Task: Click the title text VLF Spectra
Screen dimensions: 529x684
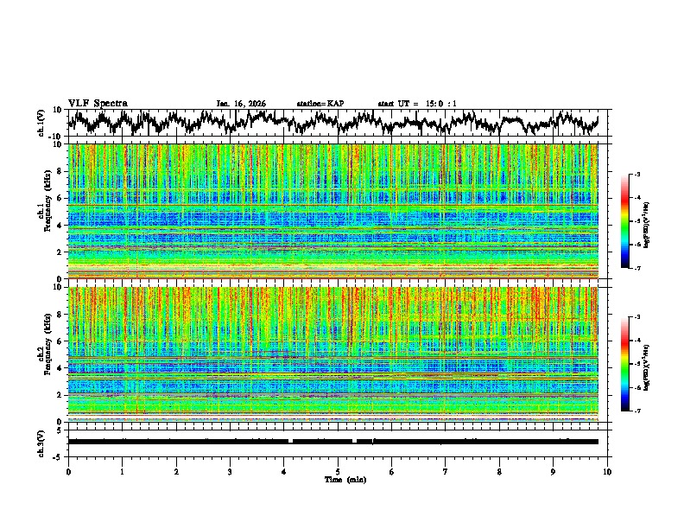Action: (x=98, y=103)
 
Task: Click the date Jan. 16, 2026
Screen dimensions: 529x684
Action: (x=241, y=104)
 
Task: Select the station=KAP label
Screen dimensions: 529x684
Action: (x=320, y=104)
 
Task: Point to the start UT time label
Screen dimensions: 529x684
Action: (x=417, y=104)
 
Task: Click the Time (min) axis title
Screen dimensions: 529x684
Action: (x=338, y=479)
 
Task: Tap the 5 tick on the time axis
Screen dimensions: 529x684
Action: (x=338, y=471)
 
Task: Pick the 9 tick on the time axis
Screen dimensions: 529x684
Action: (x=554, y=471)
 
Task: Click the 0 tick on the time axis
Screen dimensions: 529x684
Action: (x=68, y=471)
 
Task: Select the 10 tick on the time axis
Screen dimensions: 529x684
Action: (x=607, y=471)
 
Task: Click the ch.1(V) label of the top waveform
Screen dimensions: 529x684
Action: (x=41, y=123)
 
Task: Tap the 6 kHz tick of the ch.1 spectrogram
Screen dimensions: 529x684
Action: (x=60, y=198)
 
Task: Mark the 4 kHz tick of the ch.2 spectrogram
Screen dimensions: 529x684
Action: (x=60, y=367)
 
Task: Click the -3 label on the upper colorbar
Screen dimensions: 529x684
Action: (x=636, y=175)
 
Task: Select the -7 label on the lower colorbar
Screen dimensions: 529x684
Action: (x=636, y=411)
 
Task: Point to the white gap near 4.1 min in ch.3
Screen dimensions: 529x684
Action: (x=290, y=441)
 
